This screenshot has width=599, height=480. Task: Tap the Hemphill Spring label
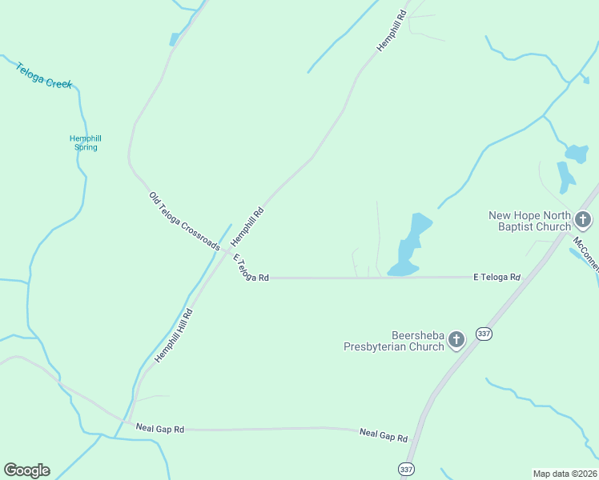(x=85, y=142)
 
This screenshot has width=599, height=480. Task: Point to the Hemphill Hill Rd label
(x=175, y=336)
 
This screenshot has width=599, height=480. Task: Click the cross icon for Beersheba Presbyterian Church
(x=456, y=340)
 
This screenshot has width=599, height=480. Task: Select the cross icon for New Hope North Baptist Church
(x=583, y=219)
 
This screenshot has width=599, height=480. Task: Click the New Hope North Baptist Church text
(x=529, y=221)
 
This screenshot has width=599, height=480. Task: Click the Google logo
(x=26, y=470)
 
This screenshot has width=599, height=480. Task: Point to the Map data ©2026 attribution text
(x=565, y=474)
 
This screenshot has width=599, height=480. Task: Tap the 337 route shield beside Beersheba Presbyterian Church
(x=483, y=333)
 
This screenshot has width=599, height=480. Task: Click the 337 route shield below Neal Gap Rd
(x=406, y=469)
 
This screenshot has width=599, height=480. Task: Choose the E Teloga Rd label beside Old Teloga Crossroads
(x=250, y=267)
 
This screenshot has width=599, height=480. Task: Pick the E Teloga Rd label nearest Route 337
(x=496, y=278)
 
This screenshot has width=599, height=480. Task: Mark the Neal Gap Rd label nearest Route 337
(x=384, y=436)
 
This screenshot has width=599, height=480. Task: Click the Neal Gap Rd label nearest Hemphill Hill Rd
(x=160, y=430)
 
